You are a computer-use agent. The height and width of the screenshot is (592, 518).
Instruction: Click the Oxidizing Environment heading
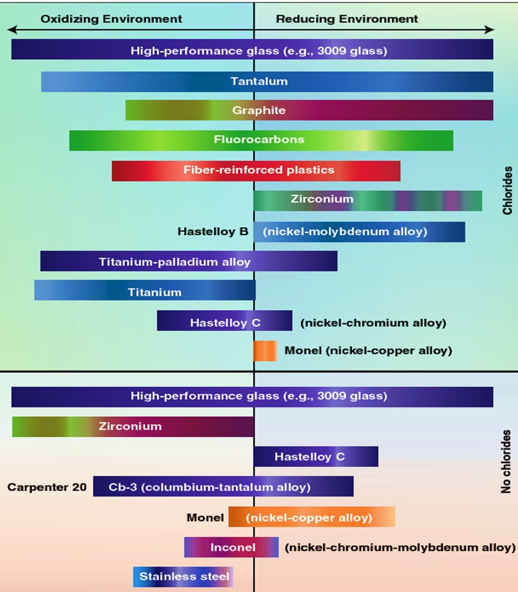point(111,19)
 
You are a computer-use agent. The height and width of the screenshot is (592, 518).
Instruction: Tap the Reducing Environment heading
point(347,19)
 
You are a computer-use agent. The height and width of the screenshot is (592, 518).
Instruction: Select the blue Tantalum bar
point(267,81)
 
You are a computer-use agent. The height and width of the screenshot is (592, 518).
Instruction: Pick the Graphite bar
point(309,110)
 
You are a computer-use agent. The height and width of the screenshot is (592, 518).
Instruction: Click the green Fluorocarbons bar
point(261,140)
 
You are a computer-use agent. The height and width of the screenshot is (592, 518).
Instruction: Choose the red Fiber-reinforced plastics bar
point(256,170)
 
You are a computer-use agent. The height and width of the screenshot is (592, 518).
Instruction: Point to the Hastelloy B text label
point(212,231)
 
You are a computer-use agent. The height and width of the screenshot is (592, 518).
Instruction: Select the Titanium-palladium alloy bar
point(188,261)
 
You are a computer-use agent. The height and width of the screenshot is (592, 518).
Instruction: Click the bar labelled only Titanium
point(145,292)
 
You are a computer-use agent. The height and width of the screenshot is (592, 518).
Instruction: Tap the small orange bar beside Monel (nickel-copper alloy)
point(265,350)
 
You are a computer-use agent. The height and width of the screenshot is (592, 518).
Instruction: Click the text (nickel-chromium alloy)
point(373,323)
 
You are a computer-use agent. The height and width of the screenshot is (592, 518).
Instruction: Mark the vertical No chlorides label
point(506,461)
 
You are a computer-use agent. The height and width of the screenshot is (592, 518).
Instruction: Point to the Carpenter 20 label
point(47,487)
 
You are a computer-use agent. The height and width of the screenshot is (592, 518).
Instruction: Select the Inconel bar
point(231,547)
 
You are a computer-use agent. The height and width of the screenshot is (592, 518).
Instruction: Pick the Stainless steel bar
point(183,577)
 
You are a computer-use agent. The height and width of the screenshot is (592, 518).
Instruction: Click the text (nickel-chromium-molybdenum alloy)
point(400,547)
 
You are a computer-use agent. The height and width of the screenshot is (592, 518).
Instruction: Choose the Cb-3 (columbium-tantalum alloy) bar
point(223,487)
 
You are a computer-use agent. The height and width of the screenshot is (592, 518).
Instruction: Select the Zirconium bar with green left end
point(133,426)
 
